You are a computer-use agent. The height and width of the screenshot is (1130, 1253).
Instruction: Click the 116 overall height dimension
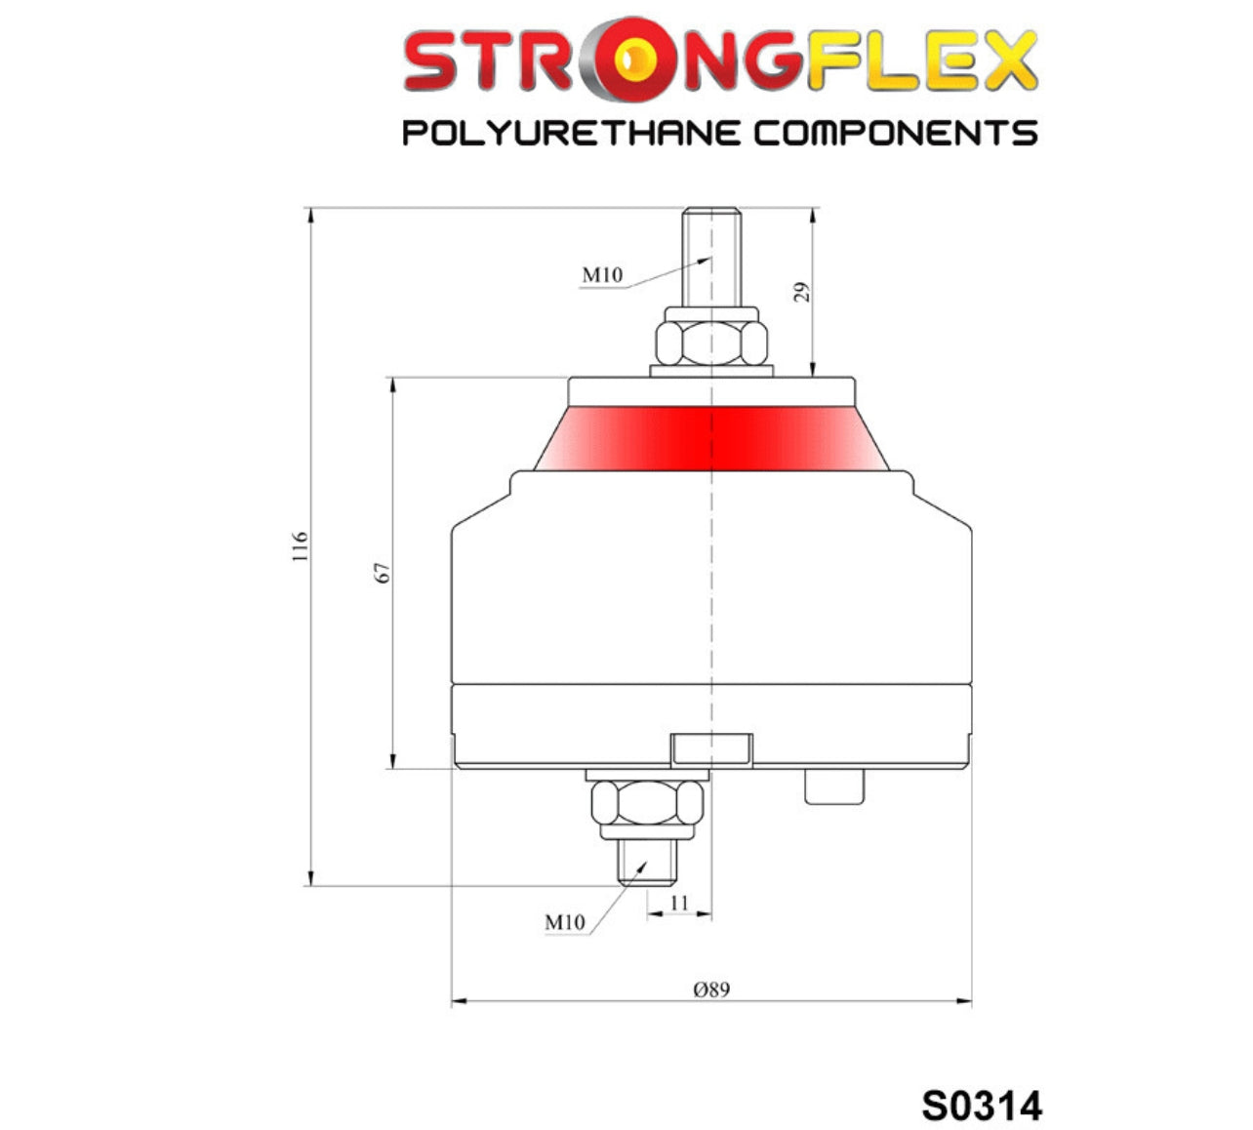301,545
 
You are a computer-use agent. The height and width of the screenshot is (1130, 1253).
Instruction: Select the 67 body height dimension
383,573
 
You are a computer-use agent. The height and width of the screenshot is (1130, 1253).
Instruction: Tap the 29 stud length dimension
802,292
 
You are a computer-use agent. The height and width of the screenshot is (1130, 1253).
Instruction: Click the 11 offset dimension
679,903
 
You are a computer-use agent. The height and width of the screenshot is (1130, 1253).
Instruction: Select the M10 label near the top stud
602,275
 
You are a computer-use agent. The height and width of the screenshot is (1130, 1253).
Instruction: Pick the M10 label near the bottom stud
565,922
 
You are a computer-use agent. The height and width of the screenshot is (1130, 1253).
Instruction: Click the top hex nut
711,343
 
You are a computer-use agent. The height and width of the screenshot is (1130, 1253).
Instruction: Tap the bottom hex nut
647,802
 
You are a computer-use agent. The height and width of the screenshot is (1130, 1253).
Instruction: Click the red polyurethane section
711,438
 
